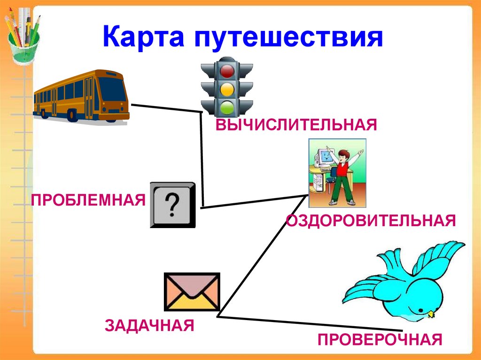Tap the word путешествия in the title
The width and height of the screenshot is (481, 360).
click(287, 38)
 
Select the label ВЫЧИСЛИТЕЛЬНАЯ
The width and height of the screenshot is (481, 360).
click(296, 125)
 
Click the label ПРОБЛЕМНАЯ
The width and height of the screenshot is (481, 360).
click(88, 200)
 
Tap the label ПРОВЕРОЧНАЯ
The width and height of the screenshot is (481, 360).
click(380, 339)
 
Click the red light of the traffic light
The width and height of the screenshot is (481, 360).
click(228, 71)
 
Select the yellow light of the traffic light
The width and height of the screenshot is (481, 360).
click(228, 89)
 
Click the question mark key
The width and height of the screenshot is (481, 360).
click(172, 205)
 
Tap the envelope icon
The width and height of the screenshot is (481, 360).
click(192, 291)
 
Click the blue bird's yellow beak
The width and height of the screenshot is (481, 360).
click(430, 313)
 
